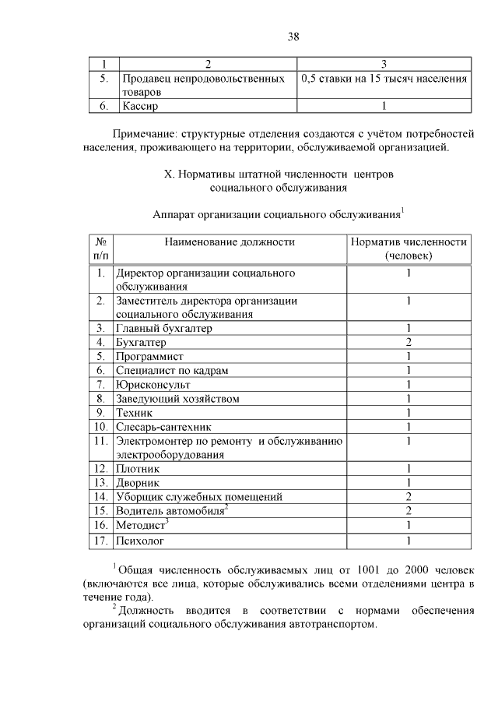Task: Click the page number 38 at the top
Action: coord(293,37)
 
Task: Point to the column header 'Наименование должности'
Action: coord(230,242)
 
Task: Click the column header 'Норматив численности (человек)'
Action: coord(409,249)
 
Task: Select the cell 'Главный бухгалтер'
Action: coord(164,329)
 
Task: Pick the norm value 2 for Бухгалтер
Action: coord(408,343)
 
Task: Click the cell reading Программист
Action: coord(149,357)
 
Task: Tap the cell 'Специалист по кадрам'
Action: coord(172,371)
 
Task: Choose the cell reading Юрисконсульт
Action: coord(153,385)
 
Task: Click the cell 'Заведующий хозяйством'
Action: coord(177,399)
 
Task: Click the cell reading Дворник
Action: coord(138,483)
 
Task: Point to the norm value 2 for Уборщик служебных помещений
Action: coord(408,497)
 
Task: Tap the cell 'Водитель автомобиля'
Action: coord(170,511)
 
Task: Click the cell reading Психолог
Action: coord(139,539)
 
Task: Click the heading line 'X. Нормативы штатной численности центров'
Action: coord(279,174)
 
